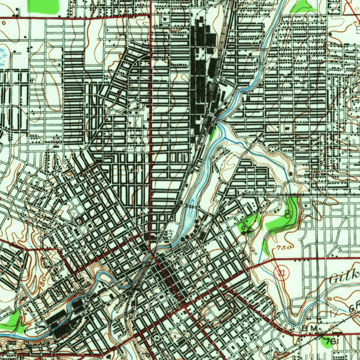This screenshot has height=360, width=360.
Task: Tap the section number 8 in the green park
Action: pyautogui.click(x=288, y=214)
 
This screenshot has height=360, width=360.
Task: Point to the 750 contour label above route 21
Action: pyautogui.click(x=284, y=247)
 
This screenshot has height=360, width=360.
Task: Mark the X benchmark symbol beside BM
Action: pyautogui.click(x=321, y=335)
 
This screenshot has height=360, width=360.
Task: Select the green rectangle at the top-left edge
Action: pyautogui.click(x=44, y=6)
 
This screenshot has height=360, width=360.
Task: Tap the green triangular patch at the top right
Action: pyautogui.click(x=303, y=6)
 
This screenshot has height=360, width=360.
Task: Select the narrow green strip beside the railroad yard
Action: pyautogui.click(x=212, y=131)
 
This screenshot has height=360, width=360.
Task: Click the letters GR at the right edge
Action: pyautogui.click(x=354, y=308)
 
